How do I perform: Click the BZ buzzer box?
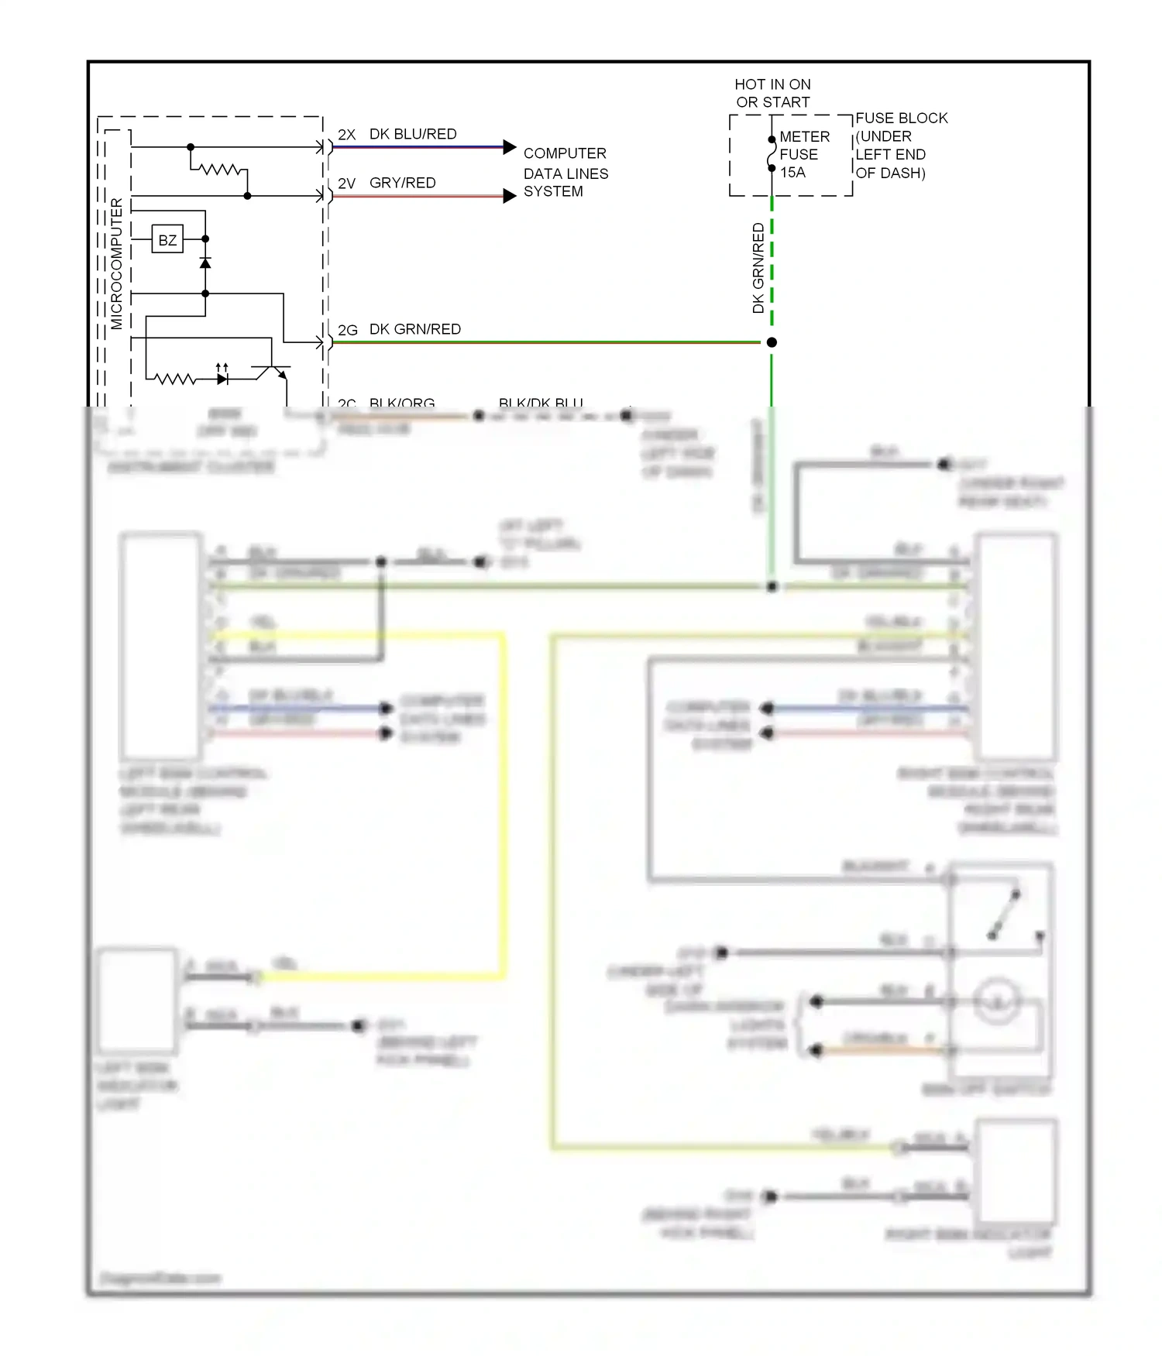[x=167, y=240]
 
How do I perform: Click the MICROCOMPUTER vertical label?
[x=117, y=263]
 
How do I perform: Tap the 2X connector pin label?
[x=346, y=135]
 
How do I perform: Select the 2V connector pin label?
[x=346, y=184]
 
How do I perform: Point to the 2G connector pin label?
[x=347, y=330]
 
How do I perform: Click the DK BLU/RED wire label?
[x=413, y=134]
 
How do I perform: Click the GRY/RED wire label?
[x=402, y=183]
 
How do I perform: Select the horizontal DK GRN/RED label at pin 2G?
[x=414, y=329]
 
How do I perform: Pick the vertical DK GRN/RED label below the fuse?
[x=758, y=268]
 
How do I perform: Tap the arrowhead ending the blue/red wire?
[x=509, y=147]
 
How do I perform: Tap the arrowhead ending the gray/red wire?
[x=509, y=196]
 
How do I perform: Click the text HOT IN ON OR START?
[x=772, y=93]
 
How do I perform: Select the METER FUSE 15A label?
[x=804, y=154]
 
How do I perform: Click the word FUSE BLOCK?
[x=901, y=118]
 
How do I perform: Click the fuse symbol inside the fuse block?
[x=772, y=154]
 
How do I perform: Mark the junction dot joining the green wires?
[x=772, y=342]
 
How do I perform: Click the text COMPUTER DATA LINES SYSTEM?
[x=566, y=172]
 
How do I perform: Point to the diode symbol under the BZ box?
[x=205, y=263]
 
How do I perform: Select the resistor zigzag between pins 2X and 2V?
[x=220, y=169]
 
